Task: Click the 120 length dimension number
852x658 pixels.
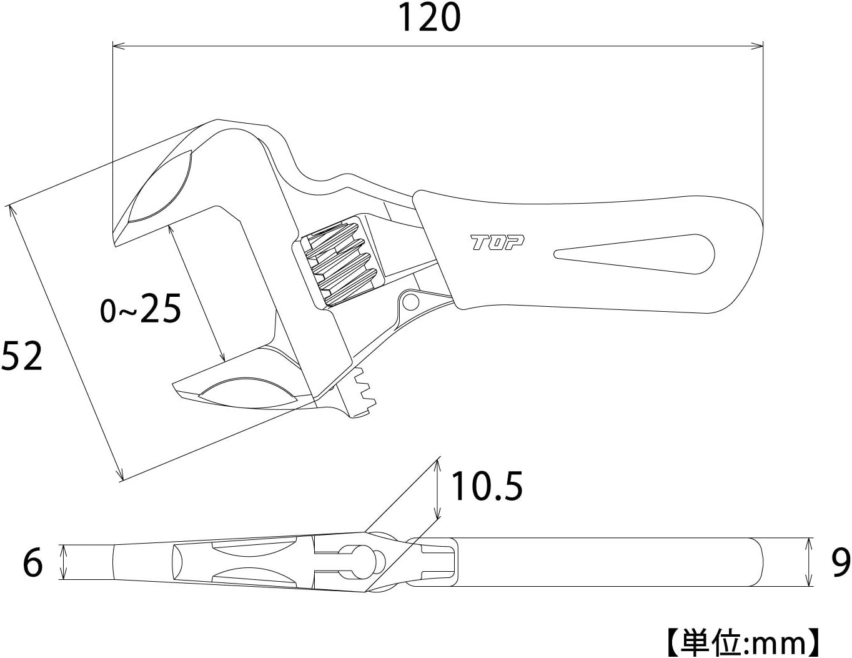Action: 429,17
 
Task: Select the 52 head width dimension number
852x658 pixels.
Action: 22,356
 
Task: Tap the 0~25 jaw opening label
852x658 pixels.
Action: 141,309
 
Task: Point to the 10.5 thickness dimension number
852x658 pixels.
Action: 487,487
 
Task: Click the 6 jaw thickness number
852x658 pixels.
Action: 32,562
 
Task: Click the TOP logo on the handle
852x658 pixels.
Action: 497,242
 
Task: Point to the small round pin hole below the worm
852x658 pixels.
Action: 410,302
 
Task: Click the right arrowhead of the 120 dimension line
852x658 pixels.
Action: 758,46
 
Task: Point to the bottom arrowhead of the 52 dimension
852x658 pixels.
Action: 121,476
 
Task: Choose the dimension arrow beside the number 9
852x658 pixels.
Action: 810,562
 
